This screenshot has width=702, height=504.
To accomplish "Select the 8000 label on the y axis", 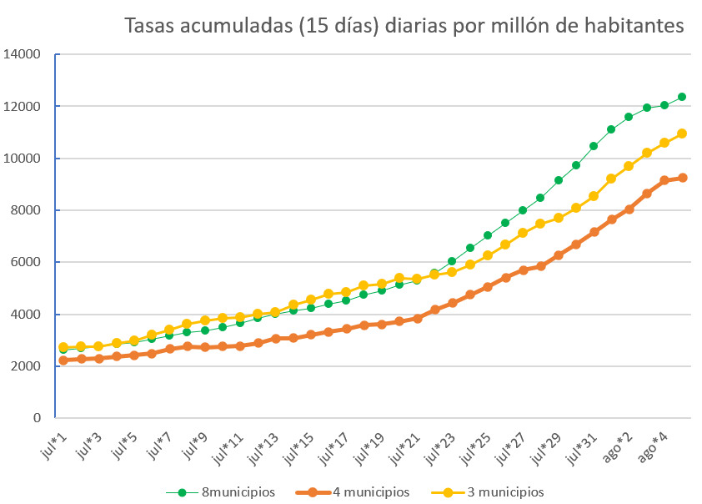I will pos(26,210).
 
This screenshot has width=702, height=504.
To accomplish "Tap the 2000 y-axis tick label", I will pos(26,366).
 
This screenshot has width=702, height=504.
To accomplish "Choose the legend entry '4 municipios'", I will pos(371,491).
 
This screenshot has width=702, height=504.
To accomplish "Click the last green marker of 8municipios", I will pos(682,97).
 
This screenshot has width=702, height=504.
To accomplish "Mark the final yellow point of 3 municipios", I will pos(682,134).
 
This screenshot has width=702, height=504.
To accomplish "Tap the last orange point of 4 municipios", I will pos(682,178).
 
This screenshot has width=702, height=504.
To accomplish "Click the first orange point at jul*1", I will pos(63,360).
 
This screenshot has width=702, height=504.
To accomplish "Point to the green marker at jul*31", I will pos(594,146).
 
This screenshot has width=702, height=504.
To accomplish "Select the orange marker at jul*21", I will pos(418,319).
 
